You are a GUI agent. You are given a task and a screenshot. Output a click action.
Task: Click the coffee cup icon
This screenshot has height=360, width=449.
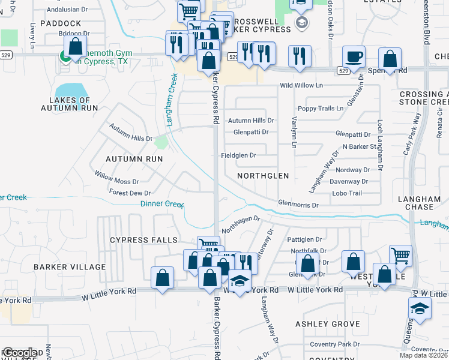pos(354,57)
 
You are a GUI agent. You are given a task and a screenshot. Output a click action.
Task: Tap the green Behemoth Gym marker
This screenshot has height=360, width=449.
pos(64,56)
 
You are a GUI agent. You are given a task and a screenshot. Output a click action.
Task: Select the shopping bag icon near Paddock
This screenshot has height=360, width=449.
pos(76,47)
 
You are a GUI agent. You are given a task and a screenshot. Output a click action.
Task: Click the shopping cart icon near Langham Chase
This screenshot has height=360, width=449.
pos(400,256)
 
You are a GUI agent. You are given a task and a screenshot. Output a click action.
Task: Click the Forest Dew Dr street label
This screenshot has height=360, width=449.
pos(130,193)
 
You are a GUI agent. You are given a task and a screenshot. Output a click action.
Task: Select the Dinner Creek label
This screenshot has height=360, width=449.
pos(161,204)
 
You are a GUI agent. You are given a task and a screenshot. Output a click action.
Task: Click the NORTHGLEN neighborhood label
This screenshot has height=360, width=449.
pos(263,176)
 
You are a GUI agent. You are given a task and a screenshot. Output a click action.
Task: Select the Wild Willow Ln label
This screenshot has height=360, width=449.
pos(301,86)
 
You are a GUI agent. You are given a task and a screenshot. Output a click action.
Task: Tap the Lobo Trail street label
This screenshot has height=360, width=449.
pos(347,193)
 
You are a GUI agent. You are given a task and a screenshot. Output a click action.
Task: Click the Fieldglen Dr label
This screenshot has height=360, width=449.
pos(239,155)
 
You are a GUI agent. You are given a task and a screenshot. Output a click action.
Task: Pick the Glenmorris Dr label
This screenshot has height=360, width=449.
pos(298,205)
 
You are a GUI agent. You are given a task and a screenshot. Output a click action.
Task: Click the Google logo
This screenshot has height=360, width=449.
pos(20,353)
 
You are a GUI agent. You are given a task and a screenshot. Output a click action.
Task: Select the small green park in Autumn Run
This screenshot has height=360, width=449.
pos(160,142)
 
